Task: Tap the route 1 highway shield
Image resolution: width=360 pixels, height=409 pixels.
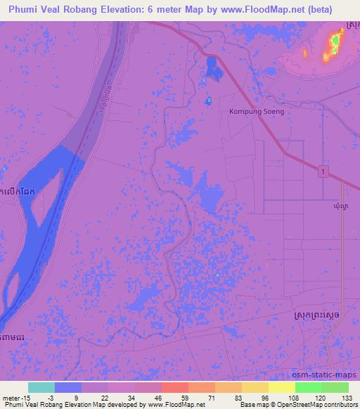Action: click(x=321, y=171)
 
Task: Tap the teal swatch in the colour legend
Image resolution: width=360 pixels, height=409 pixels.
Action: click(x=41, y=387)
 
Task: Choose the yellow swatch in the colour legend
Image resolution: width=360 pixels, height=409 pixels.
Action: click(x=281, y=387)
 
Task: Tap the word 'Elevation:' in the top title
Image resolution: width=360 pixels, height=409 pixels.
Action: click(x=152, y=9)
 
